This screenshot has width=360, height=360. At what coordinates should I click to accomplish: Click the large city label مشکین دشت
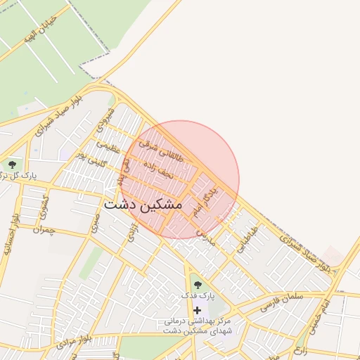(143, 204)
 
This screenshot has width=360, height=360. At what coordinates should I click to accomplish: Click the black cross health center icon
(197, 310)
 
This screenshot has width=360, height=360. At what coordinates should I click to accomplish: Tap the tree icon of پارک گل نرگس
(11, 165)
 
